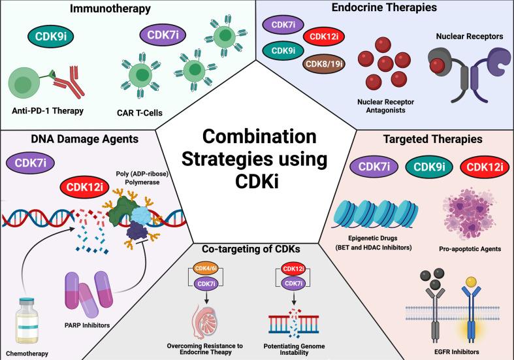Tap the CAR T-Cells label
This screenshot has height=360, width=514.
(x=155, y=113)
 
